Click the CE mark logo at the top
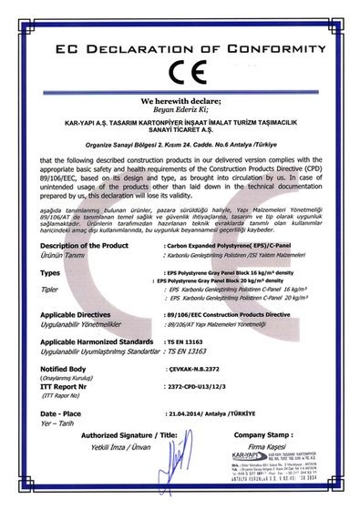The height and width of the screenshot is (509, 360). click(x=180, y=69)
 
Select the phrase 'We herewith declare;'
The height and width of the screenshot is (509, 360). click(x=180, y=102)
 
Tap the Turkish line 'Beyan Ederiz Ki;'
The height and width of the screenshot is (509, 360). click(x=180, y=112)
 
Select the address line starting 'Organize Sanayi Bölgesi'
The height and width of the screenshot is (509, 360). click(x=180, y=144)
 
